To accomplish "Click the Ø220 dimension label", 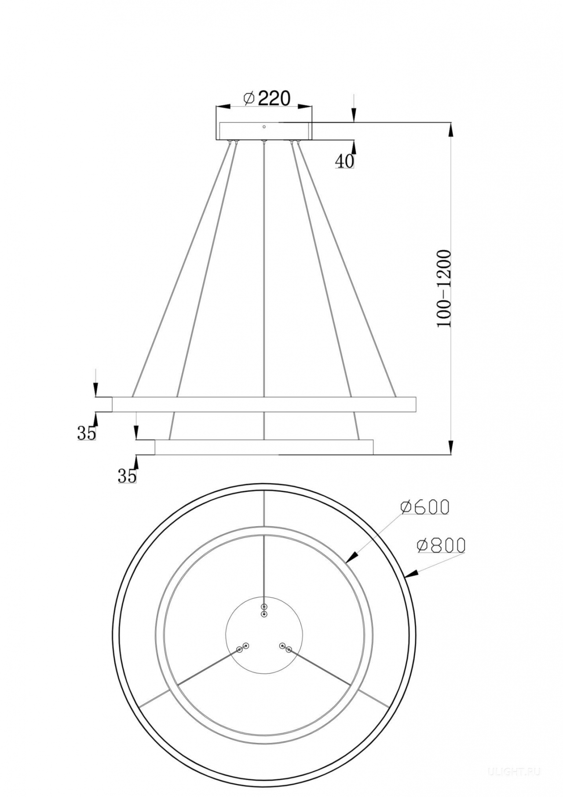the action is click(x=267, y=98).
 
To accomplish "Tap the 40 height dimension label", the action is click(x=344, y=161).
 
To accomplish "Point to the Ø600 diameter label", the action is click(x=425, y=507).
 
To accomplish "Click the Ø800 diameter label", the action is click(x=441, y=545).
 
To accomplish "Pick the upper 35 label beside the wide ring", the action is click(x=87, y=434).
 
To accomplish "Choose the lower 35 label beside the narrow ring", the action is click(x=127, y=476).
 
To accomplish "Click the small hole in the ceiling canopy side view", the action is click(x=264, y=127).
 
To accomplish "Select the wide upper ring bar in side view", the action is click(x=264, y=404).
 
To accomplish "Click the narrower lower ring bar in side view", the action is click(x=264, y=447).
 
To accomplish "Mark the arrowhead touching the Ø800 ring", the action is click(x=410, y=574).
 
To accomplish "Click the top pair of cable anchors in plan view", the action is click(x=264, y=610).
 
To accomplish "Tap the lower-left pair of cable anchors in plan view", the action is click(x=242, y=647).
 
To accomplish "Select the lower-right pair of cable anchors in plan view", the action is click(x=285, y=647).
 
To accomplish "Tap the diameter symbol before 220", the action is click(x=249, y=99).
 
